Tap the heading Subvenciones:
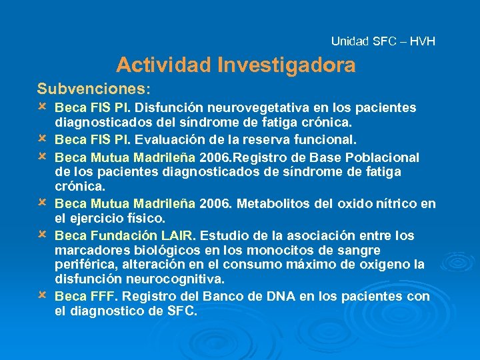click(94, 88)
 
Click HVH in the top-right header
click(423, 41)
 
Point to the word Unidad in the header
click(349, 41)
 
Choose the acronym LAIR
click(178, 235)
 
